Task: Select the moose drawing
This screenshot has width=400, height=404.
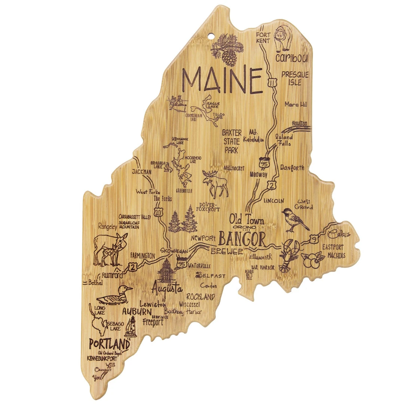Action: coord(216,183)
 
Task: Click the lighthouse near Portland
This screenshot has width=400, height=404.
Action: coord(132,327)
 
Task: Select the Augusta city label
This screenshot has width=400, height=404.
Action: coord(167,289)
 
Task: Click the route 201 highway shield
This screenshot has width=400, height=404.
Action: coord(160,212)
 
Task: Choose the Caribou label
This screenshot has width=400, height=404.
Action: coord(291,58)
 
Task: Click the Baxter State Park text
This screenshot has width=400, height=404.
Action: coord(232,141)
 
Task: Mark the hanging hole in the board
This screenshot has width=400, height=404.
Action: coord(212,37)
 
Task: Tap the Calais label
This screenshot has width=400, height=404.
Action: coord(340,234)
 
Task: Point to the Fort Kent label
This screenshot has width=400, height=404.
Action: coord(263,37)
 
